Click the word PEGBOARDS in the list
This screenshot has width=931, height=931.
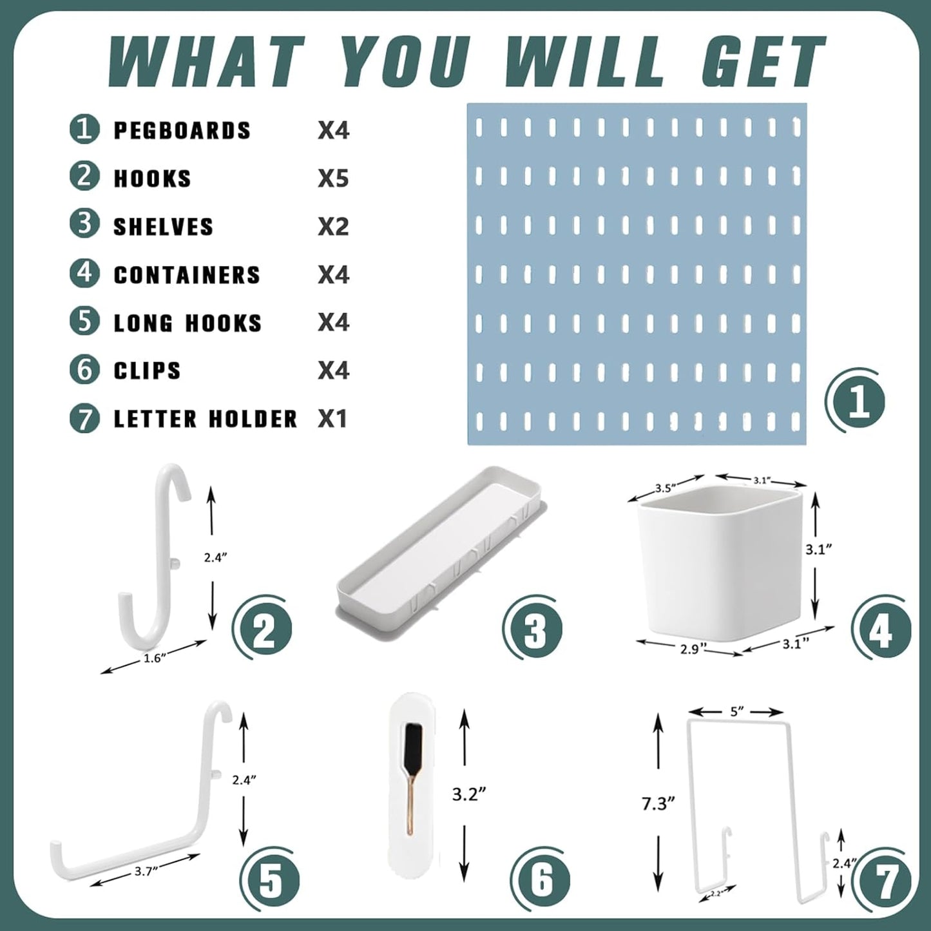click(x=182, y=131)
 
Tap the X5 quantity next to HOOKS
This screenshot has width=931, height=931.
click(x=333, y=178)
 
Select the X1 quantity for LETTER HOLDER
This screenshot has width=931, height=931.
click(x=332, y=419)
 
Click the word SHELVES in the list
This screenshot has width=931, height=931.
click(x=163, y=227)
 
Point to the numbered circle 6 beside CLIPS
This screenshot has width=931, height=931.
click(x=84, y=370)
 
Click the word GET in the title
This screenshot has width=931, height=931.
click(x=763, y=62)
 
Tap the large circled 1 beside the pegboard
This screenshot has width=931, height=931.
click(x=856, y=401)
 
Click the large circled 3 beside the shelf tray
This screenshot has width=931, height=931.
click(x=533, y=628)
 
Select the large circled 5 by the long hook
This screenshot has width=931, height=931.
click(x=270, y=880)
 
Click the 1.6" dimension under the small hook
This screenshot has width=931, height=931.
click(x=154, y=658)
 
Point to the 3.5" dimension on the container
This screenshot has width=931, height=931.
click(x=664, y=488)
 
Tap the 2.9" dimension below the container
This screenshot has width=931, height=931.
click(x=689, y=649)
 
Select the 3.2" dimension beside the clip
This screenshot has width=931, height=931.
click(x=468, y=794)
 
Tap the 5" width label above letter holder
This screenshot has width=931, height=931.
click(x=737, y=711)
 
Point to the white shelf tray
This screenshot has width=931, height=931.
click(x=438, y=548)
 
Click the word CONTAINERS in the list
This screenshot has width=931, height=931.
click(x=187, y=275)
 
